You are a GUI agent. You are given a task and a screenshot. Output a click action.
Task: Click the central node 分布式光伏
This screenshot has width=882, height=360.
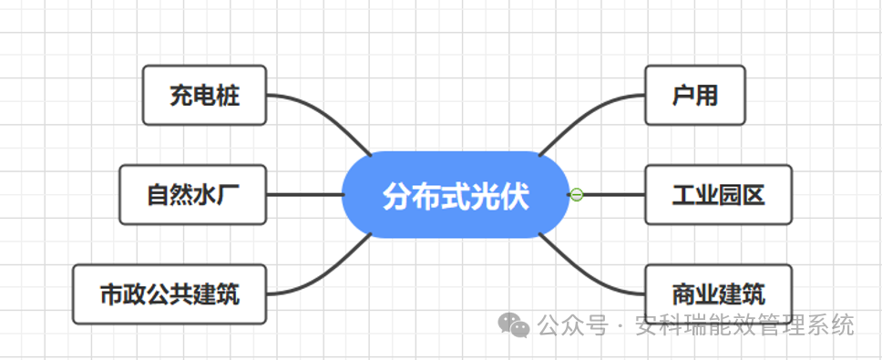click(x=455, y=195)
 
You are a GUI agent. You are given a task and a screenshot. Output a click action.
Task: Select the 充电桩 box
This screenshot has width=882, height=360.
click(x=204, y=95)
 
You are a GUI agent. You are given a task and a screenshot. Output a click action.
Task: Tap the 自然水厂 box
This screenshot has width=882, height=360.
click(x=192, y=195)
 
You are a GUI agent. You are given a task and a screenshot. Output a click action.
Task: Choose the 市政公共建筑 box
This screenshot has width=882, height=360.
click(x=169, y=294)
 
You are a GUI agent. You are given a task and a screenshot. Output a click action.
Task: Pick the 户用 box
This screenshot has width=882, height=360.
click(x=694, y=95)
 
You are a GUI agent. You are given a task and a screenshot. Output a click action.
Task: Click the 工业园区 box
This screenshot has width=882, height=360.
click(x=718, y=195)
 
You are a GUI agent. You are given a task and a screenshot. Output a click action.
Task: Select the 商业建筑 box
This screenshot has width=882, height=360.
click(x=718, y=294)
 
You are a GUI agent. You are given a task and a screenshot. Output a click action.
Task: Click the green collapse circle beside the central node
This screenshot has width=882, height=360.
click(x=576, y=194)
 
